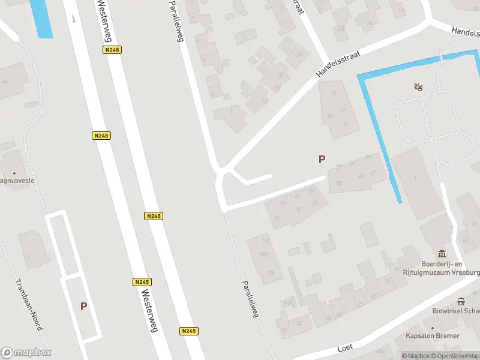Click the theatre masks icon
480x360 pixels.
pyautogui.click(x=418, y=88)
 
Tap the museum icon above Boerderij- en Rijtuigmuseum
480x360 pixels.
pyautogui.click(x=442, y=254)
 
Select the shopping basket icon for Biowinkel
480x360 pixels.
pyautogui.click(x=461, y=302)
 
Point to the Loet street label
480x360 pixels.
pyautogui.click(x=344, y=347)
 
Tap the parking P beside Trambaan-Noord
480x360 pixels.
pyautogui.click(x=83, y=306)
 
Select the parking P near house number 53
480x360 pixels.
pyautogui.click(x=322, y=159)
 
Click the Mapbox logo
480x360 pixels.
pyautogui.click(x=26, y=353)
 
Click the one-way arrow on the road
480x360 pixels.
pyautogui.click(x=74, y=19)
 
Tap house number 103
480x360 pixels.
pyautogui.click(x=262, y=254)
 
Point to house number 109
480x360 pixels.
pyautogui.click(x=270, y=274)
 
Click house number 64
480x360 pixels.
pyautogui.click(x=5, y=82)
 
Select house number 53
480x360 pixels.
pyautogui.click(x=340, y=184)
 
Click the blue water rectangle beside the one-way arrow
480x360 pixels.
pyautogui.click(x=41, y=17)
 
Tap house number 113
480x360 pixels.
pyautogui.click(x=265, y=240)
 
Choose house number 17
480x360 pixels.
pyautogui.click(x=343, y=110)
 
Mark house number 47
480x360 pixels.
pyautogui.click(x=373, y=173)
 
